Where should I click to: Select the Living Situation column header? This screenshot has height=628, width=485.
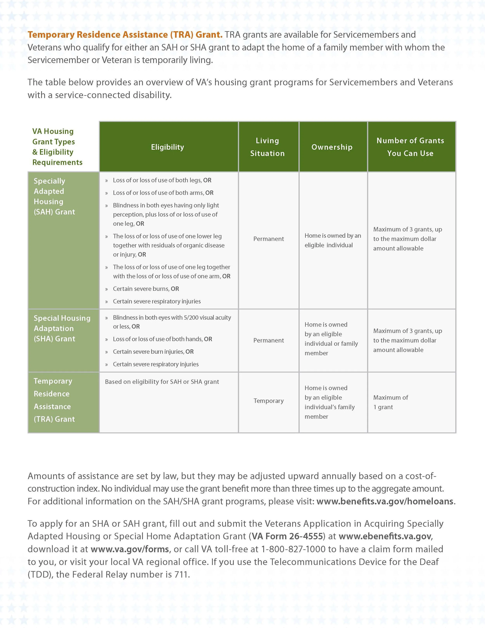267,147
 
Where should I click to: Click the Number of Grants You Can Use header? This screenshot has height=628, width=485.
410,147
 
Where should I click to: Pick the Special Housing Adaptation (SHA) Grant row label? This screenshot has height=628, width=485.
62,328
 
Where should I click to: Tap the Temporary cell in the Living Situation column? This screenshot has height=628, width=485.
268,401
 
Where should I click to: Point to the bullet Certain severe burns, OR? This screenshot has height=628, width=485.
146,289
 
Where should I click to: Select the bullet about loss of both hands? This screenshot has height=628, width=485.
162,339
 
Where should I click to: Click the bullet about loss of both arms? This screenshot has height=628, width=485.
163,193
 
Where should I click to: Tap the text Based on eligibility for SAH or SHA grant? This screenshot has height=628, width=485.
162,382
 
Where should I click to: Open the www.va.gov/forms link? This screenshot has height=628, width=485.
130,549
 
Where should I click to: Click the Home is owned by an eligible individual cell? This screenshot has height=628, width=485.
333,240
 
